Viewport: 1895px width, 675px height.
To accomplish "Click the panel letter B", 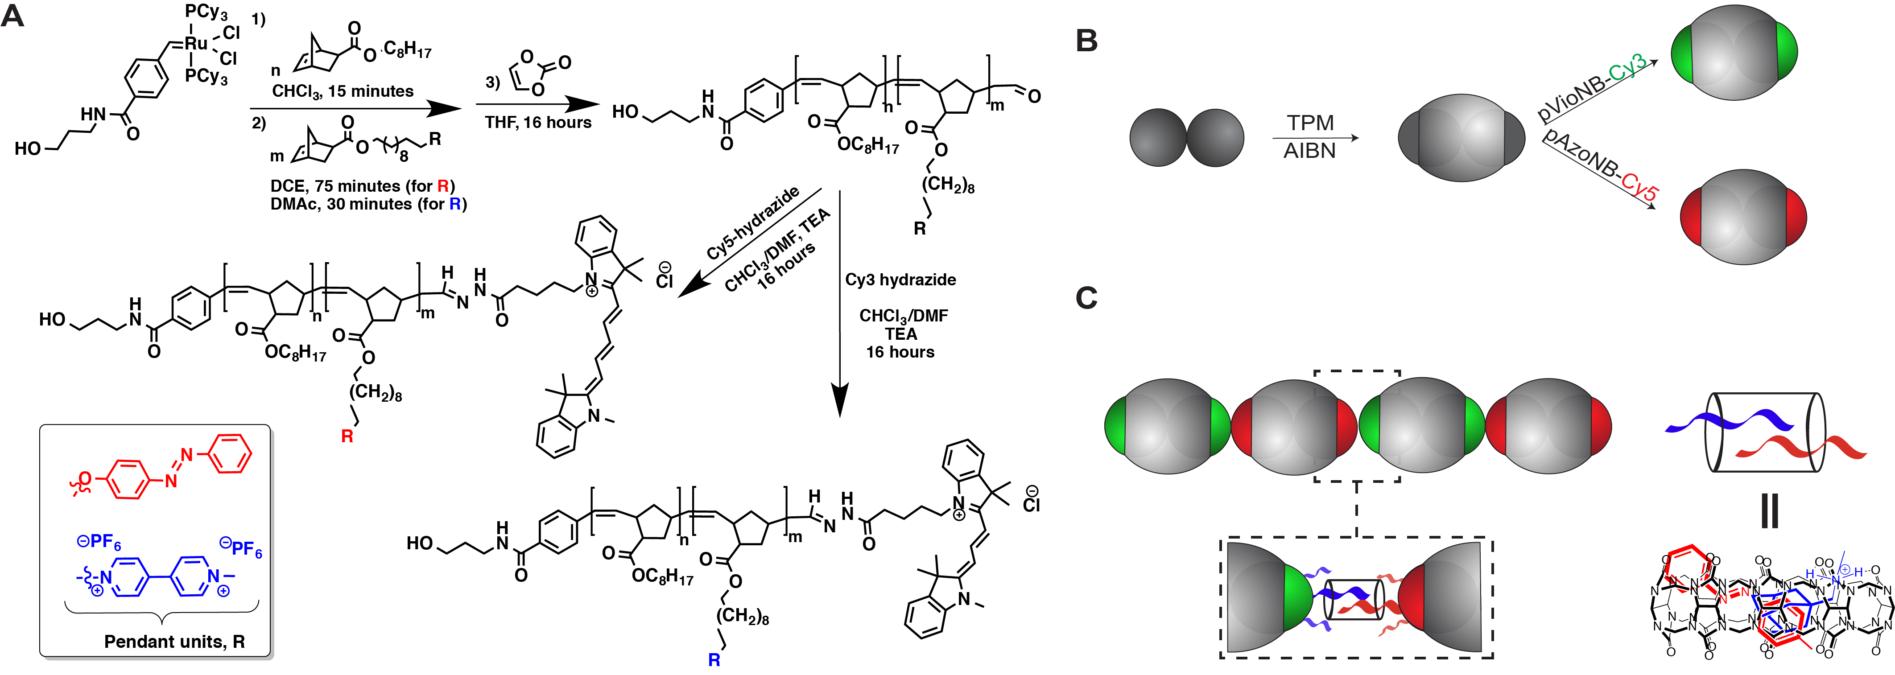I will click(x=1086, y=41).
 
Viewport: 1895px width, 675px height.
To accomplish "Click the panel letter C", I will click(x=1086, y=298).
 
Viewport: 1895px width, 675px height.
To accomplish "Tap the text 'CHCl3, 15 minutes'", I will click(x=343, y=92).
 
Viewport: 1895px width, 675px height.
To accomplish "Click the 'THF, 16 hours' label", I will click(x=538, y=123).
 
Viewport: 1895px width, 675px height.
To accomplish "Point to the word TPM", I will click(x=1310, y=122).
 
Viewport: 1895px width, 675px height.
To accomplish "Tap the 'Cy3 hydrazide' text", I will click(x=900, y=280).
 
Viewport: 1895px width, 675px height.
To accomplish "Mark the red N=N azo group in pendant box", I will click(x=179, y=468).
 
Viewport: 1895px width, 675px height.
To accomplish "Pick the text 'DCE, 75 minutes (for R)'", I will click(x=363, y=186).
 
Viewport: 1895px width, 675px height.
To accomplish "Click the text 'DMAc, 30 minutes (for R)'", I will click(x=368, y=204).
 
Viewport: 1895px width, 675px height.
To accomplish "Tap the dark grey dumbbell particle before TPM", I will click(x=1187, y=137).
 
